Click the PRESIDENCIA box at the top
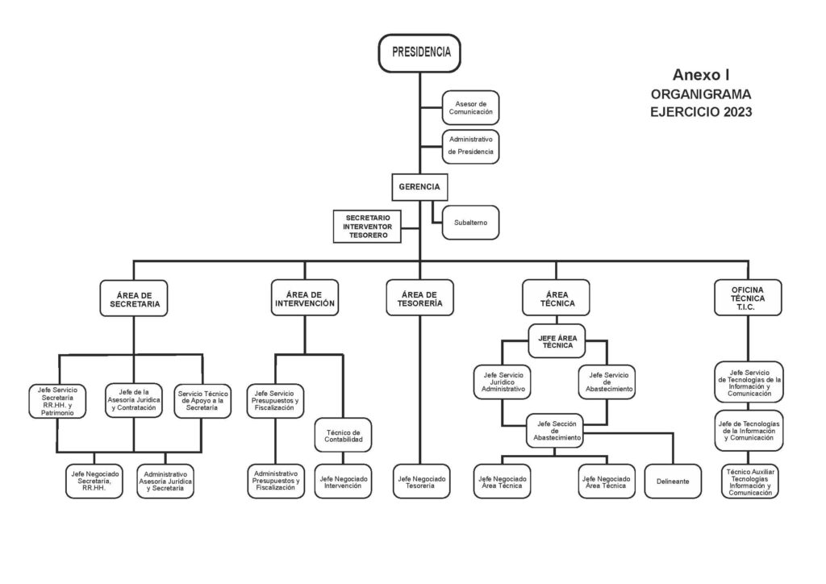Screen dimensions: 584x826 point(420,53)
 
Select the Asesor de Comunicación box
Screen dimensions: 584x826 point(470,107)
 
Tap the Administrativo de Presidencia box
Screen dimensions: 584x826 point(470,146)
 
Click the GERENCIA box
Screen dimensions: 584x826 point(419,187)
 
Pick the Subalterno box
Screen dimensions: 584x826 point(470,222)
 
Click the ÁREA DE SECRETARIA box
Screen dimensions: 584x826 point(135,300)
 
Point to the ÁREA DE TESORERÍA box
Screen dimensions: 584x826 point(419,299)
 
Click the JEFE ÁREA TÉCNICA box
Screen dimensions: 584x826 point(555,341)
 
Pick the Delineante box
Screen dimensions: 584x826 point(673,482)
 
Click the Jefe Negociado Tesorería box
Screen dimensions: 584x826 point(422,482)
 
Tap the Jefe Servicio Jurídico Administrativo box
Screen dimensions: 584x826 point(503,382)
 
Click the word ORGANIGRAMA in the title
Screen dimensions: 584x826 point(700,94)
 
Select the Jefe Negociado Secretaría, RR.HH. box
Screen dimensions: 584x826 point(95,482)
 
